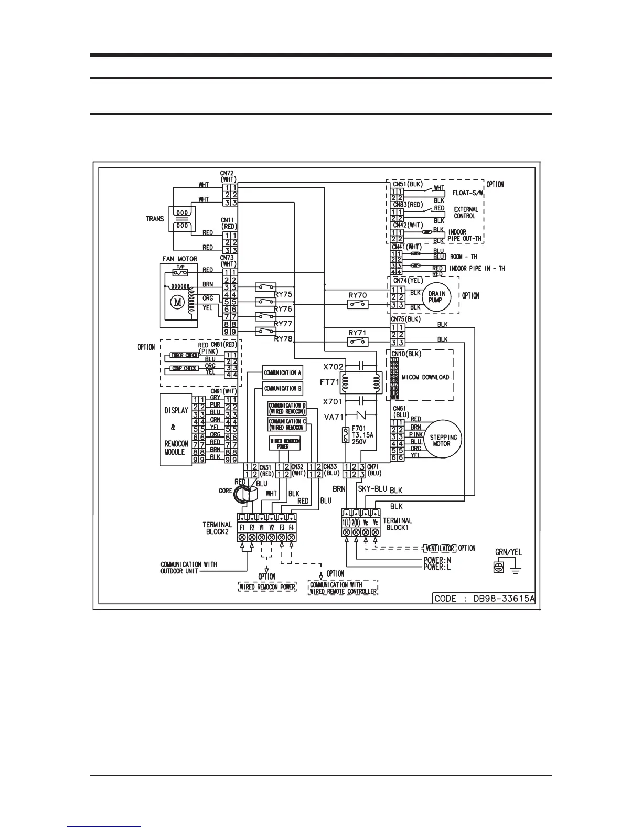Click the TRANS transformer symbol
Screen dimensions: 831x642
coord(181,219)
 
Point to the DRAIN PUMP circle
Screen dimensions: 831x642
coord(436,297)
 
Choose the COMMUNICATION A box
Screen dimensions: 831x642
coord(283,373)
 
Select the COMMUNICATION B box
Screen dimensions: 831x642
coord(283,389)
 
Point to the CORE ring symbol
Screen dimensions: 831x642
coord(245,494)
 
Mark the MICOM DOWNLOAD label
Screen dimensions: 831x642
coord(425,377)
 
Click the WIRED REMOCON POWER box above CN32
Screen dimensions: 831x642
coord(285,443)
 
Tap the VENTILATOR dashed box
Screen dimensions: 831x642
coord(438,548)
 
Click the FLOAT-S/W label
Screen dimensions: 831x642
coord(468,193)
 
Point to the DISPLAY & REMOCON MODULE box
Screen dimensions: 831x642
coord(176,431)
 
